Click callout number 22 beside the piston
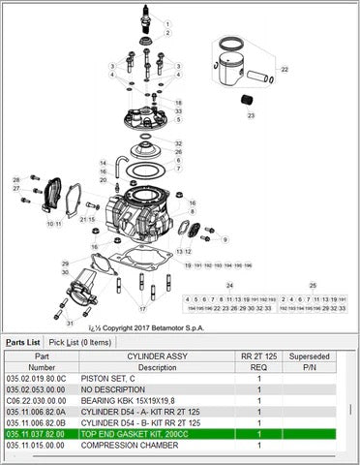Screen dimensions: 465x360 pos(285,71)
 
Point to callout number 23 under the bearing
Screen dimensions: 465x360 pos(251,115)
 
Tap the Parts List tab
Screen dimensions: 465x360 pos(22,342)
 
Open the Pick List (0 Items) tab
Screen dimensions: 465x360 pos(81,342)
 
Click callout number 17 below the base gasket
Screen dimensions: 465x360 pos(141,309)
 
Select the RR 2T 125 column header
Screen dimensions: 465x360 pos(259,356)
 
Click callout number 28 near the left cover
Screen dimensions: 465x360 pos(15,180)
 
